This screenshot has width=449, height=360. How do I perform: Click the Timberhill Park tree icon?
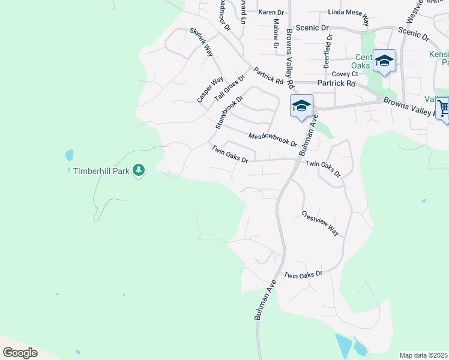pyautogui.click(x=139, y=171)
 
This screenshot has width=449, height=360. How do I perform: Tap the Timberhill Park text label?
pyautogui.click(x=101, y=171)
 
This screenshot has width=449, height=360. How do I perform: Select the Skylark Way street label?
pyautogui.click(x=202, y=41)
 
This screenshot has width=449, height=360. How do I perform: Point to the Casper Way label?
pyautogui.click(x=210, y=89)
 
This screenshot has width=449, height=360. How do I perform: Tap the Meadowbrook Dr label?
pyautogui.click(x=273, y=140)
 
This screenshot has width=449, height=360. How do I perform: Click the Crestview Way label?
pyautogui.click(x=321, y=223)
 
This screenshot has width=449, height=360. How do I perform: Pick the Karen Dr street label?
pyautogui.click(x=271, y=12)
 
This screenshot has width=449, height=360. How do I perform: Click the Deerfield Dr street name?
pyautogui.click(x=328, y=50)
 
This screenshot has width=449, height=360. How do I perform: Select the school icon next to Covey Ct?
pyautogui.click(x=384, y=61)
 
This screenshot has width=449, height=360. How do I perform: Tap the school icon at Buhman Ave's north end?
pyautogui.click(x=301, y=106)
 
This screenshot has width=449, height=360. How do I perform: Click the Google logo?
pyautogui.click(x=19, y=353)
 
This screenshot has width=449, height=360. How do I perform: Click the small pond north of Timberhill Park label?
pyautogui.click(x=69, y=155)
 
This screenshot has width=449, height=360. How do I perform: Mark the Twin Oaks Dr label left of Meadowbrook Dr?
pyautogui.click(x=229, y=154)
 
